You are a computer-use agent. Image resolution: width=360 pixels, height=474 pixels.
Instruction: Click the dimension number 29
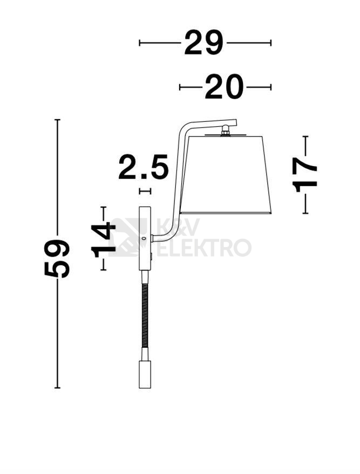(x=203, y=43)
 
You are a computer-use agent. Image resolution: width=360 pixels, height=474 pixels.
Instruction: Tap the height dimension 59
(x=57, y=258)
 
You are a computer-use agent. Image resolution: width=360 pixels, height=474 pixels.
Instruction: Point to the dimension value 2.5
(x=144, y=167)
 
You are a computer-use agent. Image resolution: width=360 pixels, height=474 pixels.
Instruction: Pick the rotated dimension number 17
(x=304, y=175)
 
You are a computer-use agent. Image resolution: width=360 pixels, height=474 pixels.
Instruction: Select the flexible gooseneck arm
(x=145, y=315)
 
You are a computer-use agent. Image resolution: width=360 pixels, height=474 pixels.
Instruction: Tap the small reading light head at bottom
(x=145, y=374)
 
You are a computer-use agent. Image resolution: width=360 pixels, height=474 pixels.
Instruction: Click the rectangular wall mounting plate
(x=145, y=238)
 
